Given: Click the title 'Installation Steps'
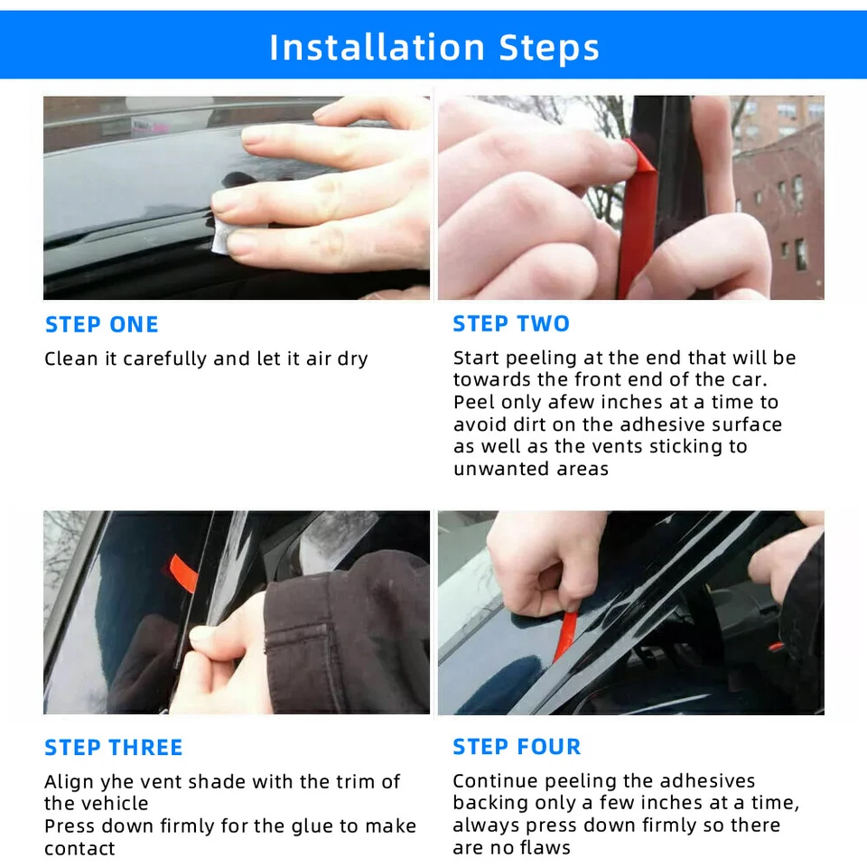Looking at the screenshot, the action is pyautogui.click(x=434, y=47).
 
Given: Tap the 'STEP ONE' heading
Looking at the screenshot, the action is pyautogui.click(x=102, y=324).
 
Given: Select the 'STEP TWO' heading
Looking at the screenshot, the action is pyautogui.click(x=511, y=324).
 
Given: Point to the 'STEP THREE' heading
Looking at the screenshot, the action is pyautogui.click(x=114, y=748).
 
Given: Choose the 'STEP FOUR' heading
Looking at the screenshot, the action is pyautogui.click(x=517, y=747).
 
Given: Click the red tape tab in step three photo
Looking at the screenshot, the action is pyautogui.click(x=183, y=573).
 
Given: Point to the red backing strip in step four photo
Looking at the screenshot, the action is pyautogui.click(x=564, y=636).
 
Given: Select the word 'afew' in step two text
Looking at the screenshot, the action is pyautogui.click(x=570, y=402).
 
